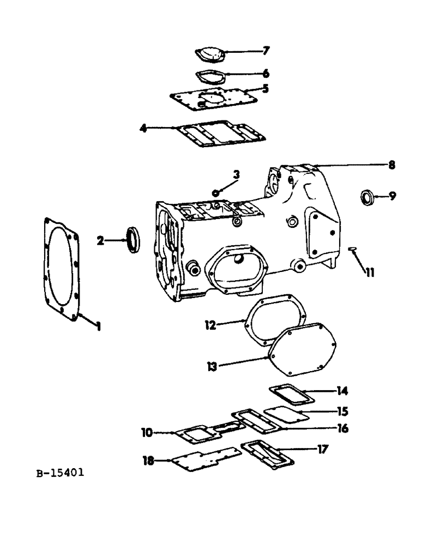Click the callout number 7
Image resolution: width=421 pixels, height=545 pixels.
266,51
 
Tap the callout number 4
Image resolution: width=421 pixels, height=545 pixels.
143,129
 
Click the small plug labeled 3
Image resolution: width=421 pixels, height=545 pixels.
216,192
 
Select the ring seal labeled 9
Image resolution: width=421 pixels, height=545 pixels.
368,196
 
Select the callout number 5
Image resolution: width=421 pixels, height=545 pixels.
265,88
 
